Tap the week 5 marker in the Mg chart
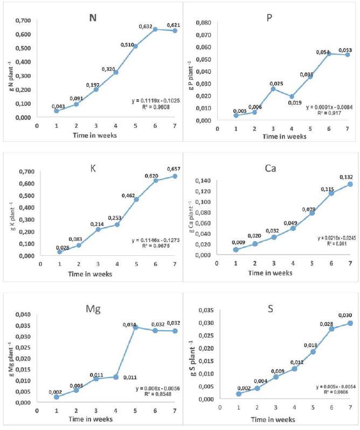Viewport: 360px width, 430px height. [135, 327]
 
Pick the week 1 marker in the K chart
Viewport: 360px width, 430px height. [59, 252]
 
